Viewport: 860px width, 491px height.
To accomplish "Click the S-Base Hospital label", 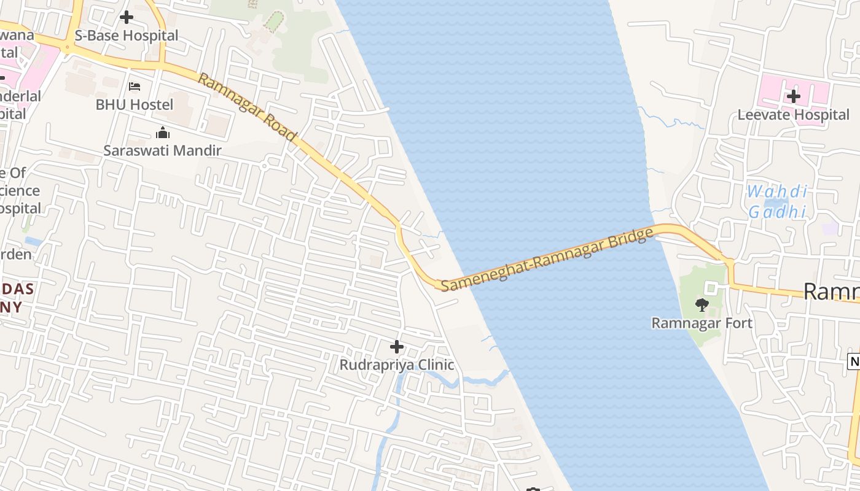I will coord(126,36).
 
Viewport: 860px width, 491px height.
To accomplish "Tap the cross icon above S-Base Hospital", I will coord(127,17).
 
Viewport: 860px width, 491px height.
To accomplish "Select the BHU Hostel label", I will coord(135,104).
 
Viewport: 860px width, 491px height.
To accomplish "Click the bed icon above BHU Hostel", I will coord(135,87).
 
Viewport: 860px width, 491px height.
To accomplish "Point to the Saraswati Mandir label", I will coord(162,150).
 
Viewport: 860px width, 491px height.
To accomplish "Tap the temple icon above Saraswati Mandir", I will coord(163,133).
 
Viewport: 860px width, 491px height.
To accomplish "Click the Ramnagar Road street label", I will coord(248,107).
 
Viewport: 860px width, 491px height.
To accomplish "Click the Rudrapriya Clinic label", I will coord(397,365).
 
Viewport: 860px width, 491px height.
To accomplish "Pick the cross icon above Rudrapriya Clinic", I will coord(397,347).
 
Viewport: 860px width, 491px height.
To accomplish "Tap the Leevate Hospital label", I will coord(793,115).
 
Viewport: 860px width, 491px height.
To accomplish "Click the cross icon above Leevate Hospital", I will coord(794,96).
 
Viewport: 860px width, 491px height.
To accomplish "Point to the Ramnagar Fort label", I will coord(702,323).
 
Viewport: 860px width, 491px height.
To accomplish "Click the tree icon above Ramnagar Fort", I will coord(702,304).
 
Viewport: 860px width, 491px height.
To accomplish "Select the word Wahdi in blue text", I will coord(776,192).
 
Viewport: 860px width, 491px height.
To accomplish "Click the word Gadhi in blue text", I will coord(776,212).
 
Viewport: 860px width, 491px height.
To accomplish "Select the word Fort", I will coord(739,323).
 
